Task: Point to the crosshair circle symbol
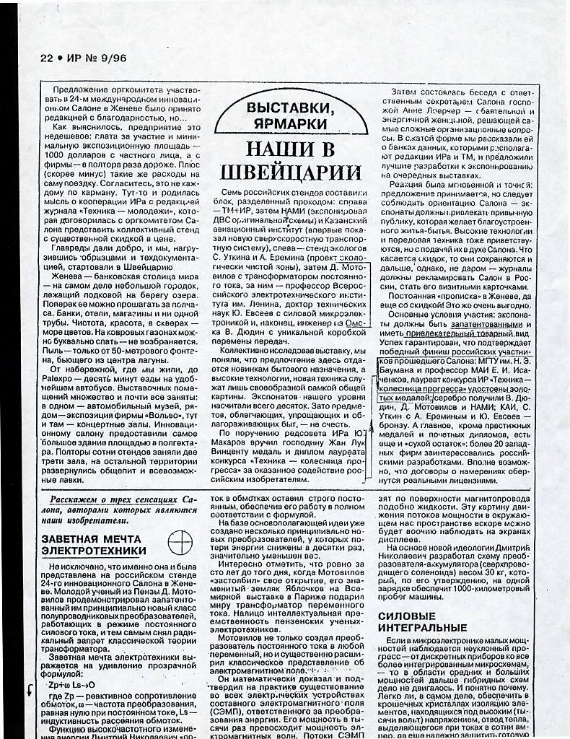(179, 541)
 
